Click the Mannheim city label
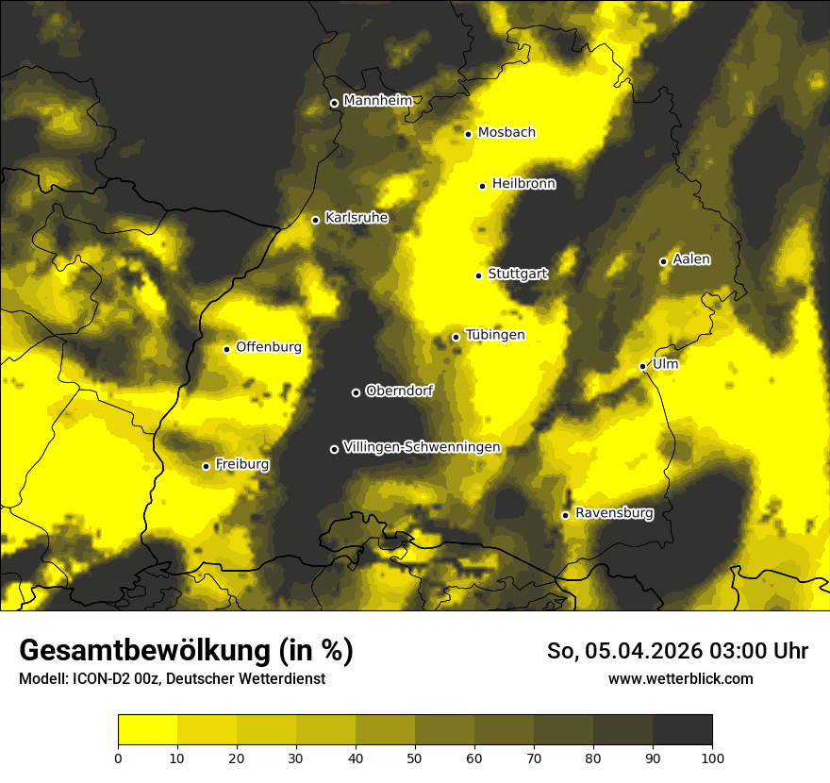coord(378,101)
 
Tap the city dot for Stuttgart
coord(478,275)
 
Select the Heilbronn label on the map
coord(523,184)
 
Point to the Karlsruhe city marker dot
coord(315,220)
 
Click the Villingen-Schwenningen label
coord(422,447)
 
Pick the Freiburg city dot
coord(206,466)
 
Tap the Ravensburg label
coord(614,513)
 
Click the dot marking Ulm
coord(642,366)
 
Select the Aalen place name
coord(691,259)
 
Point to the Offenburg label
coord(269,347)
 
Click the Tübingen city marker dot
coord(456,337)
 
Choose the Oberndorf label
coord(399,391)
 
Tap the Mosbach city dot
coord(468,134)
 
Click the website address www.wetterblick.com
coord(681,678)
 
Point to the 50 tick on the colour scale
coord(415,758)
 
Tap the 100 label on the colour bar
coord(712,758)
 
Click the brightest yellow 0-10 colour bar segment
coord(147,730)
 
